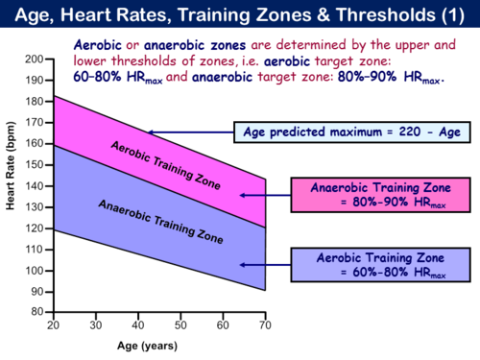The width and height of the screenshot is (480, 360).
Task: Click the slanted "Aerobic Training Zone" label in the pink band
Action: [165, 165]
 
